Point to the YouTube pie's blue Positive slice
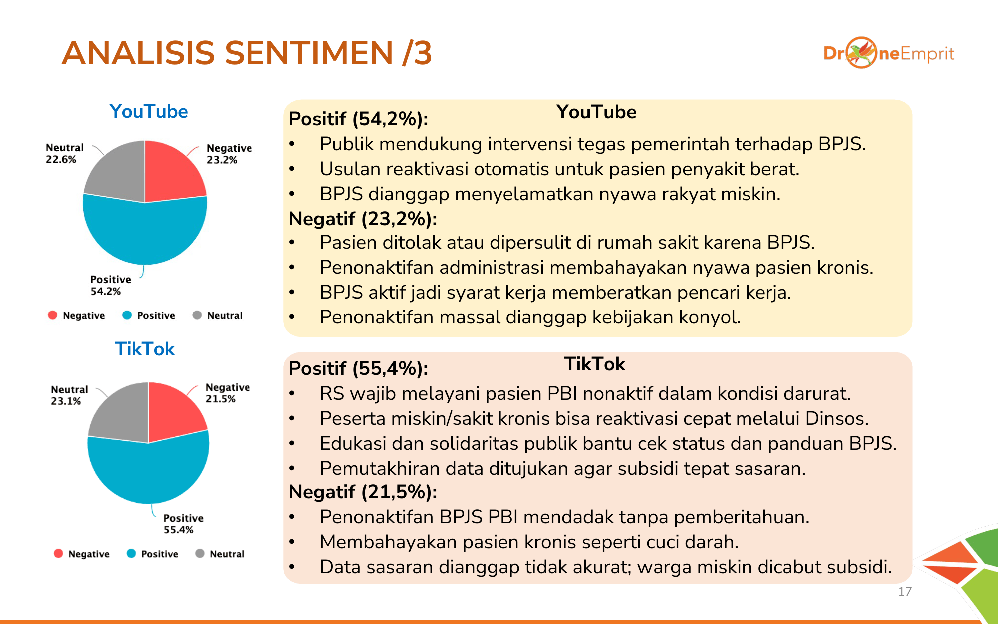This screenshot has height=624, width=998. (x=145, y=232)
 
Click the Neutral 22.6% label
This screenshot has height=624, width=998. (x=65, y=154)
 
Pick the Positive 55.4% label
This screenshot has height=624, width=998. (x=183, y=524)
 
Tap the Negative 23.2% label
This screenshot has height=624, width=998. (x=229, y=154)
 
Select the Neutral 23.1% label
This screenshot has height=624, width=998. (x=69, y=395)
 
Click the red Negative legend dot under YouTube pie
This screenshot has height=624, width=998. (x=52, y=315)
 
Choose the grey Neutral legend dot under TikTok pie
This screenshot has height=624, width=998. (x=200, y=553)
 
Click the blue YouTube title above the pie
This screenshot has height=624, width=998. (x=149, y=111)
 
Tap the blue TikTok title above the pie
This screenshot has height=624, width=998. (x=145, y=349)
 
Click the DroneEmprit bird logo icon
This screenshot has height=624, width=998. (x=861, y=52)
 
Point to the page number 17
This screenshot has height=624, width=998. (x=905, y=592)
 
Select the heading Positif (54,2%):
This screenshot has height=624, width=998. (x=358, y=119)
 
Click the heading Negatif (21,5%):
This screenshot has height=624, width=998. (x=363, y=492)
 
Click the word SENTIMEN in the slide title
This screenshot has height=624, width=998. (x=309, y=53)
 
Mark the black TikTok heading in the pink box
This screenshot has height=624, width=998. (x=594, y=364)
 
